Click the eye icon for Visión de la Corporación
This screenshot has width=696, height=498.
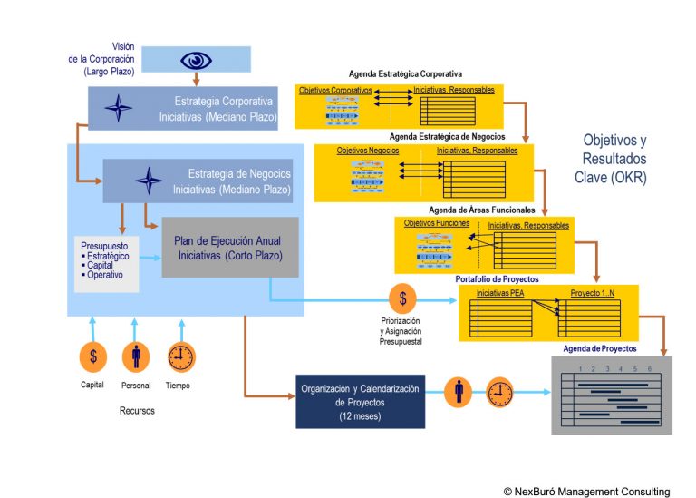pyautogui.click(x=196, y=60)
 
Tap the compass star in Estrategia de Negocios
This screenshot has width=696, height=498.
pyautogui.click(x=149, y=181)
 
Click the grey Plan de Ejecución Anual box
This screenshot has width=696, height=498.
pyautogui.click(x=230, y=247)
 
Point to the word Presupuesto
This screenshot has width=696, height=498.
pyautogui.click(x=103, y=245)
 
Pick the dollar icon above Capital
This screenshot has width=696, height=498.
pyautogui.click(x=92, y=356)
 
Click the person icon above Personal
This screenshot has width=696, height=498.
pyautogui.click(x=136, y=356)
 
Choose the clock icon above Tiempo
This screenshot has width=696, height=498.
pyautogui.click(x=180, y=356)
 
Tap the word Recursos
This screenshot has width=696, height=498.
pyautogui.click(x=137, y=411)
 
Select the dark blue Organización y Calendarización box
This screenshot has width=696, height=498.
pyautogui.click(x=360, y=400)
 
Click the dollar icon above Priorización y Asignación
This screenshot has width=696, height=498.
pyautogui.click(x=402, y=298)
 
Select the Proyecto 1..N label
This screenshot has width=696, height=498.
pyautogui.click(x=594, y=293)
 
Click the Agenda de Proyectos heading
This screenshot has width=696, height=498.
pyautogui.click(x=599, y=348)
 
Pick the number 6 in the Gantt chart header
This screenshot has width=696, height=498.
pyautogui.click(x=648, y=368)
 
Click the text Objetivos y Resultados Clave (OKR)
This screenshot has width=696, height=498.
pyautogui.click(x=614, y=159)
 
